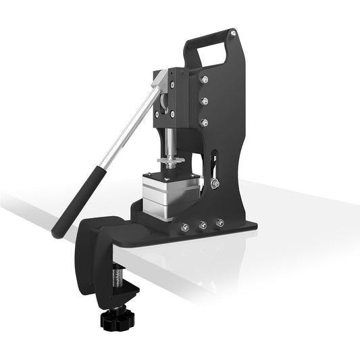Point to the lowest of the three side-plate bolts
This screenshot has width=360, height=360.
tap(203, 123)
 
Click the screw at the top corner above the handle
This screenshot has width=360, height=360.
tap(233, 32)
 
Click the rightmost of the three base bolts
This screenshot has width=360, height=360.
tap(219, 222)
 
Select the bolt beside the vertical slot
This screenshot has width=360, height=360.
tap(213, 182)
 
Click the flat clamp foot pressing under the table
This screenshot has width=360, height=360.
tap(126, 291)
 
